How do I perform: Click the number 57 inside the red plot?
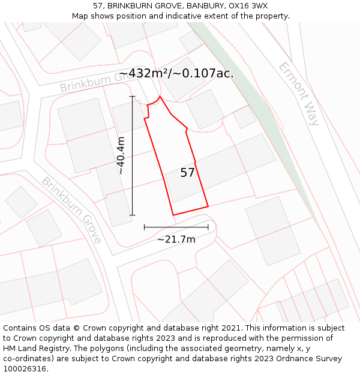tap(187, 173)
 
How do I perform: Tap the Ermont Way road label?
tap(299, 94)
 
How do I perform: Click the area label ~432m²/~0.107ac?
tap(176, 74)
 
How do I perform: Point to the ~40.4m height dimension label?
tap(121, 155)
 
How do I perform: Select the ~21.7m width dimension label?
tap(176, 239)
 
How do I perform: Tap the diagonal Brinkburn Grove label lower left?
tap(71, 210)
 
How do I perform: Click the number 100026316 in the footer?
tap(26, 368)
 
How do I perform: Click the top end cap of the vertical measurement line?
tap(132, 96)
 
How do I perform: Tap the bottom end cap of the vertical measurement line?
tap(132, 215)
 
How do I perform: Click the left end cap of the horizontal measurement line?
tap(145, 227)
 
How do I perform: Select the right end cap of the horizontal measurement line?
tap(208, 227)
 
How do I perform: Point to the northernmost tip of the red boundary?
tap(160, 96)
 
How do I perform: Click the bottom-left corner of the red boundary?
tap(173, 215)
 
